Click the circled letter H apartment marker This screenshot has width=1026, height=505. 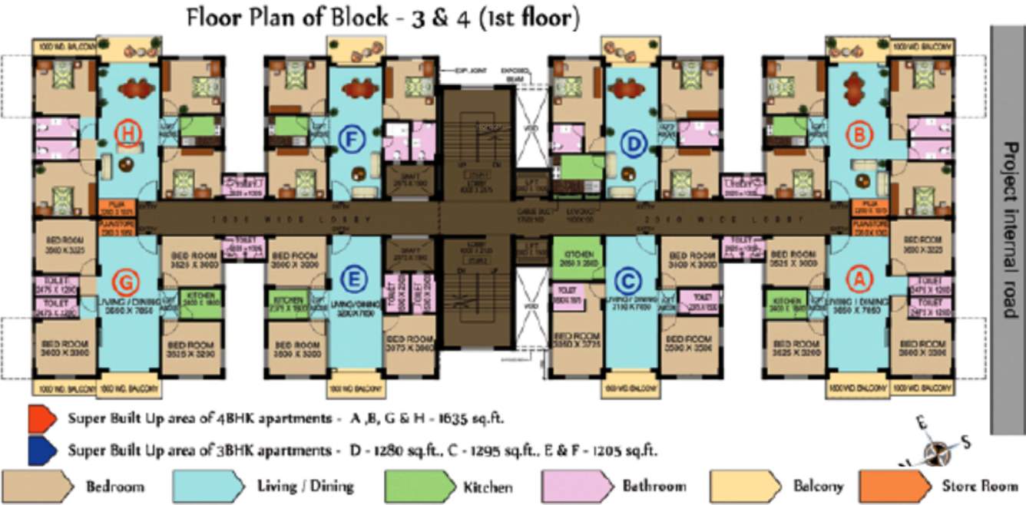[x=129, y=134]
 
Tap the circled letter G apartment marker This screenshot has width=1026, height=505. [x=124, y=279]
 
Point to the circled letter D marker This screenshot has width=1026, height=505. [x=633, y=143]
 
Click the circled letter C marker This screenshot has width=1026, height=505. [x=628, y=279]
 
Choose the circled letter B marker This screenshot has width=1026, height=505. [x=860, y=135]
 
